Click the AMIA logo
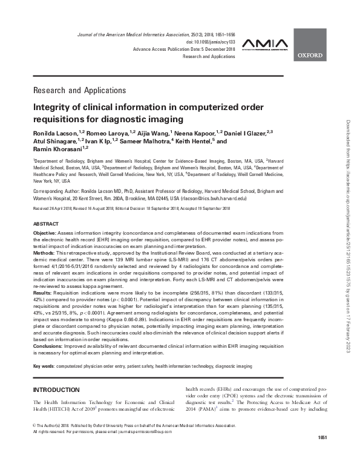coord(261,44)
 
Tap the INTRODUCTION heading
coord(57,389)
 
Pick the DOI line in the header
coord(212,42)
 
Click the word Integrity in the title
coord(53,107)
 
